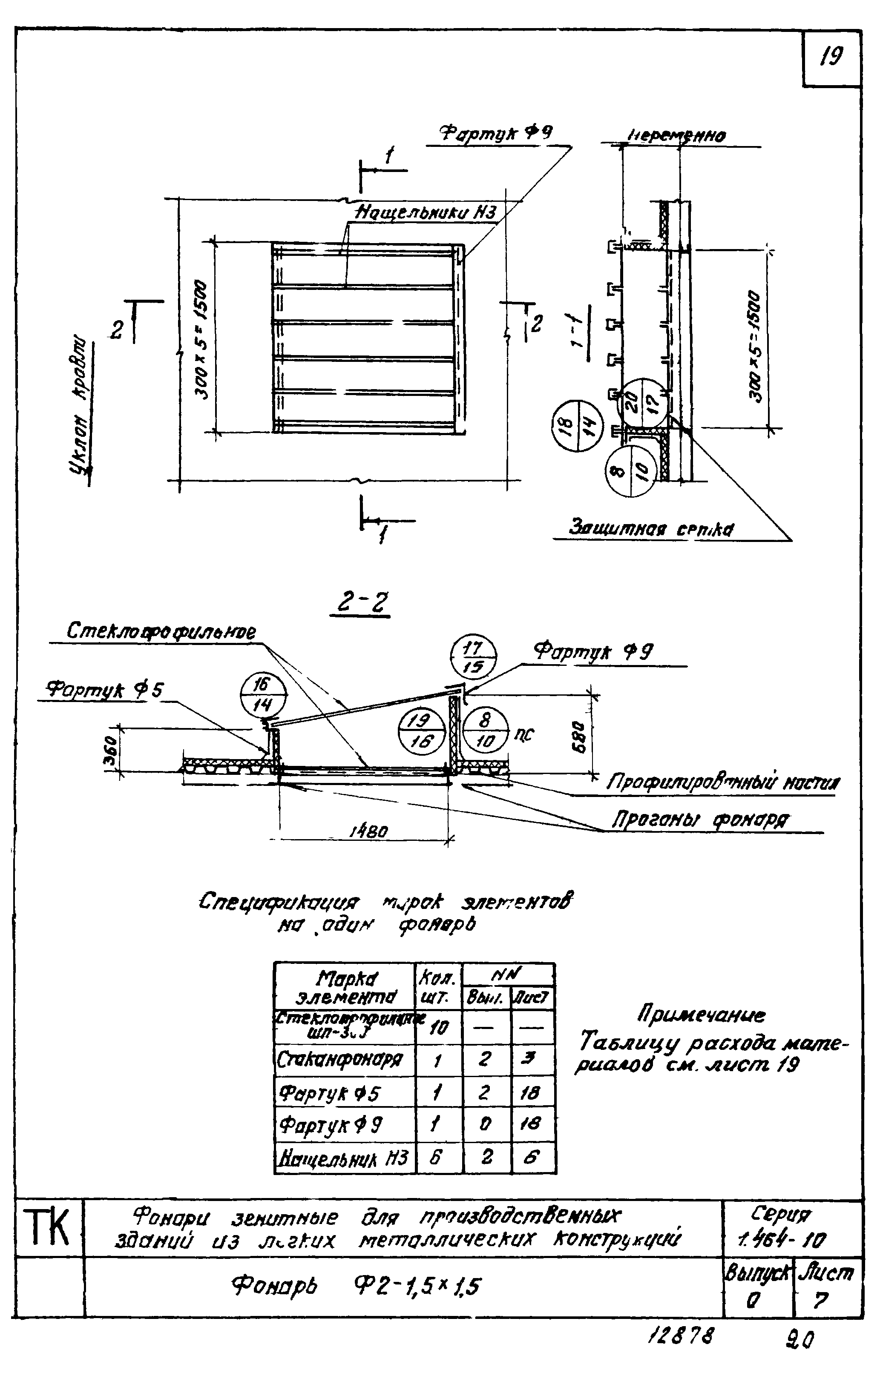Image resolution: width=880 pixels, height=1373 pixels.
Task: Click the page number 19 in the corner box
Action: [831, 57]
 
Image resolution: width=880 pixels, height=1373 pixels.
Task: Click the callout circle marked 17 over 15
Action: [473, 657]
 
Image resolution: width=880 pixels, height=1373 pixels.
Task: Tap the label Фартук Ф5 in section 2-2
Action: [105, 690]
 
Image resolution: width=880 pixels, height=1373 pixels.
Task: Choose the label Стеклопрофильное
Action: [161, 632]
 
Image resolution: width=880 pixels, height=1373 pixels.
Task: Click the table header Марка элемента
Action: [345, 987]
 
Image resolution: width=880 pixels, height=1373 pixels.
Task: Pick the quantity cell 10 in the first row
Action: [438, 1028]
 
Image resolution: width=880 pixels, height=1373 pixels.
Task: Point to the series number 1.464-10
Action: [781, 1239]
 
